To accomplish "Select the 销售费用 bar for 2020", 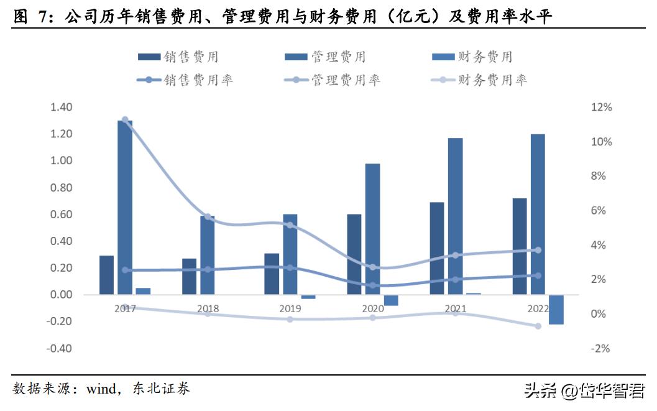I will pos(354,254).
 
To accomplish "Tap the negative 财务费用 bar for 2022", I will pos(556,310).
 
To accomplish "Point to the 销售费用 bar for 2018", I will pos(189,276).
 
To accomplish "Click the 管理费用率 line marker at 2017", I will pos(125,119).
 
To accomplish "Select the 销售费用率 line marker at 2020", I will pos(373,285).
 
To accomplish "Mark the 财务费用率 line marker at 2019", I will pos(290,319).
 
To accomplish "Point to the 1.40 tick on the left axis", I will pos(62,108).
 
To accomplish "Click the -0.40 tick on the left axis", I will pos(60,348).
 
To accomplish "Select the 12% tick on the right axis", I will pos(601,108).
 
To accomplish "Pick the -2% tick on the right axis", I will pos(601,348).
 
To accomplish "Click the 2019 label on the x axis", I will pos(290,308).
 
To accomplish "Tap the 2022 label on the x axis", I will pos(537,308).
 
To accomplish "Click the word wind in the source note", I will pos(101,390).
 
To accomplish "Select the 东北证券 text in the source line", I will pos(161,390).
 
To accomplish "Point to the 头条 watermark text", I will pos(540,391).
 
